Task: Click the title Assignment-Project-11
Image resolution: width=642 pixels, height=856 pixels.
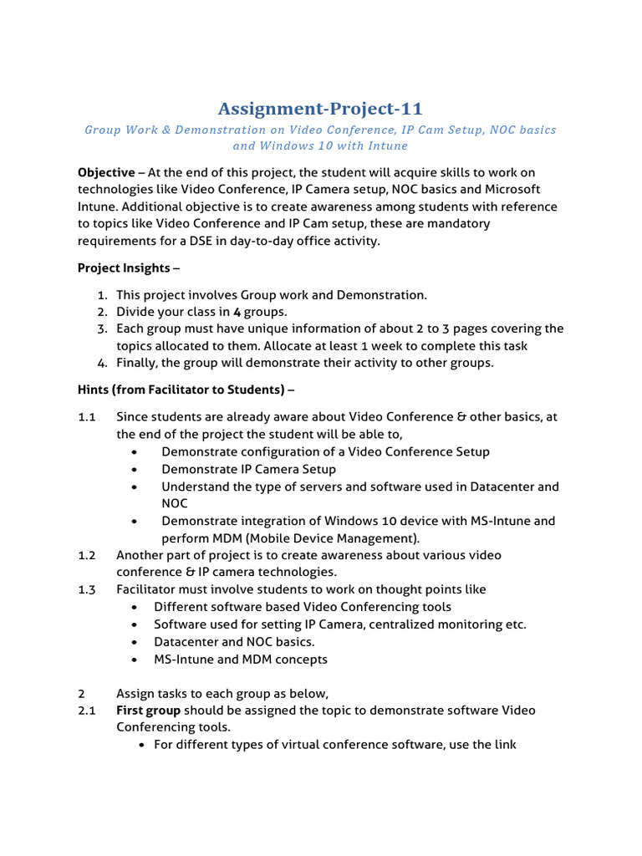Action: tap(320, 109)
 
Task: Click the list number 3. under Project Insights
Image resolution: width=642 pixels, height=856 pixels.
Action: tap(102, 329)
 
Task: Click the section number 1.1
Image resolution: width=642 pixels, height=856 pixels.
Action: tap(87, 416)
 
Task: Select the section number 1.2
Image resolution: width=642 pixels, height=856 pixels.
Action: tap(87, 555)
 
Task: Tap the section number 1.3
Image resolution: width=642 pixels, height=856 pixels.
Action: tap(87, 589)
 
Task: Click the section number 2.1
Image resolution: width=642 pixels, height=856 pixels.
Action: tap(87, 711)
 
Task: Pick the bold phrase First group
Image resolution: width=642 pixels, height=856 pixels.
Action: tap(148, 711)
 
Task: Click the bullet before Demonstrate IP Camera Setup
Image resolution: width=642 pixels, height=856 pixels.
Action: tap(135, 470)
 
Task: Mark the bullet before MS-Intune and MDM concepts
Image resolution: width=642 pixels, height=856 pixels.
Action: tap(135, 660)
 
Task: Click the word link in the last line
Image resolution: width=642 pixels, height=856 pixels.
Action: tap(503, 744)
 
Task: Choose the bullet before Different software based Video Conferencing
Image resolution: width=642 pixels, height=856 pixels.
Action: tap(135, 607)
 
